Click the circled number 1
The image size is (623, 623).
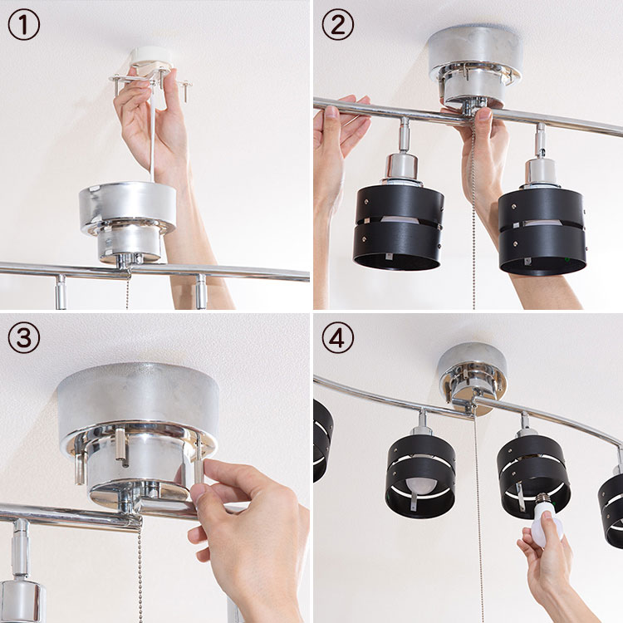pyautogui.click(x=24, y=24)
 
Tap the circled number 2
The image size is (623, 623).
pyautogui.click(x=338, y=24)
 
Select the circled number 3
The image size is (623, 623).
pyautogui.click(x=24, y=338)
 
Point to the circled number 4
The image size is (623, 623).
pyautogui.click(x=338, y=338)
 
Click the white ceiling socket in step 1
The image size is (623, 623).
pyautogui.click(x=150, y=59)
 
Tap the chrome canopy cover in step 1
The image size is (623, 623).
pyautogui.click(x=128, y=223)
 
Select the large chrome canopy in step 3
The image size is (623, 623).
pyautogui.click(x=138, y=433)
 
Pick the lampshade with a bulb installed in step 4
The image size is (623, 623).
pyautogui.click(x=421, y=477)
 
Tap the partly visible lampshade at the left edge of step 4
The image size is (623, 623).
pyautogui.click(x=322, y=441)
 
